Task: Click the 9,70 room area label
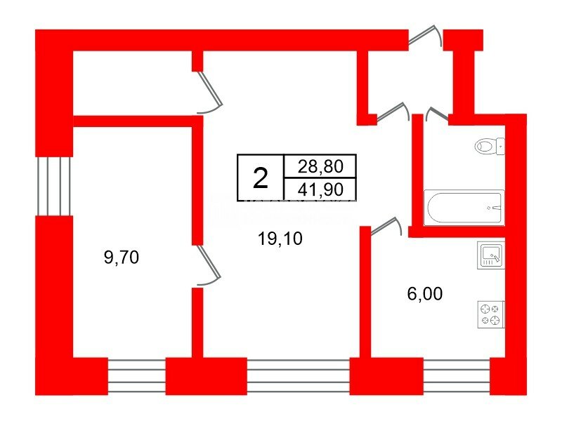pos(121,258)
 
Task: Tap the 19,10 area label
pos(280,239)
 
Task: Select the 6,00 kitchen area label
pos(425,294)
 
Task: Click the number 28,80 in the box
pos(320,166)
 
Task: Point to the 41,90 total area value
pos(320,189)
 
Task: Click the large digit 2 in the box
pos(261,178)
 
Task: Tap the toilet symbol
pos(490,146)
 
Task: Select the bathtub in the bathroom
pos(464,208)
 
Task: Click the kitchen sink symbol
pos(491,255)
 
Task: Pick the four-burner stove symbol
pos(491,314)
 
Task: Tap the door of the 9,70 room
pos(208,265)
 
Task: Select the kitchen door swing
pos(386,226)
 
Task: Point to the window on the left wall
pos(54,186)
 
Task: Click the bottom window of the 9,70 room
pos(136,376)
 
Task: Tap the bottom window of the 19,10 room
pos(298,376)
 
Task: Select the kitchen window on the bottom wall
pos(457,376)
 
